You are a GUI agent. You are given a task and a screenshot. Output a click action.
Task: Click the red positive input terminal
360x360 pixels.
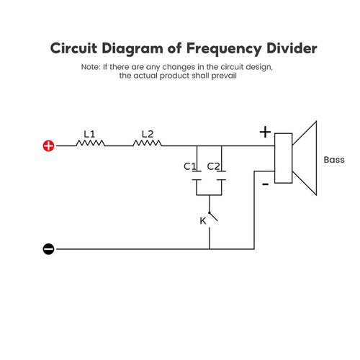click(48, 145)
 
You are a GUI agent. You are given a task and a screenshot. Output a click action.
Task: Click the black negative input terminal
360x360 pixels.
click(48, 249)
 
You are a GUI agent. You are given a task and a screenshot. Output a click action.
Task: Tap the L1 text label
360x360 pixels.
click(89, 133)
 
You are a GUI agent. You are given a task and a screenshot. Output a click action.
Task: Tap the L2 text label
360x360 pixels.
click(147, 133)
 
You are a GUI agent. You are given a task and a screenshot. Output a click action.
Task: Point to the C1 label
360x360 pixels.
click(190, 166)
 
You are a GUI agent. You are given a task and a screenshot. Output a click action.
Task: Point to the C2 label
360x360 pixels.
click(213, 166)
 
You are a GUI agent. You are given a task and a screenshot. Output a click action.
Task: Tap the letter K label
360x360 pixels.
click(202, 220)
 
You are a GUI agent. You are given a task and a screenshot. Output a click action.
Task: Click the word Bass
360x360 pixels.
click(334, 159)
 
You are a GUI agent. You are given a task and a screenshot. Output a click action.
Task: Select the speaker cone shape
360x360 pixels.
click(305, 159)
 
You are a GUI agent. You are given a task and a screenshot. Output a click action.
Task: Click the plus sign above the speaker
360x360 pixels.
click(265, 132)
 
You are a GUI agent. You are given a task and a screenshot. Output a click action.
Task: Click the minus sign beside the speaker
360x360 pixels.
click(266, 184)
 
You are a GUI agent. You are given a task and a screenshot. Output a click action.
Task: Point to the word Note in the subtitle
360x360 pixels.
click(91, 67)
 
